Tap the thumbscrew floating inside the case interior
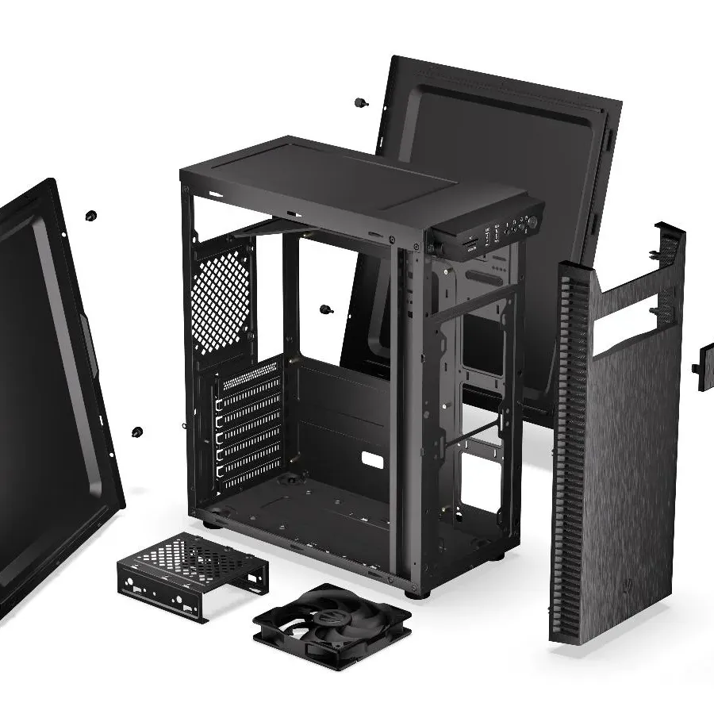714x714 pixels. [x=325, y=309]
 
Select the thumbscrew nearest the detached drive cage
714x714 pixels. [x=137, y=432]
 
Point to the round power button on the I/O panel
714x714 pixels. [x=532, y=222]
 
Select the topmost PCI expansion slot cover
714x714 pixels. [x=249, y=394]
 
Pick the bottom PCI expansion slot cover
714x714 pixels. [x=249, y=474]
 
